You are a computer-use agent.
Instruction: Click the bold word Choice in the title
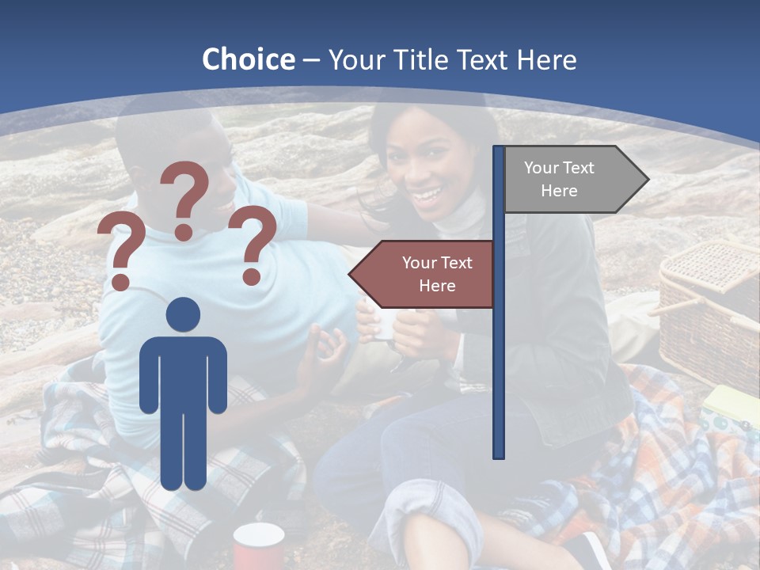(248, 59)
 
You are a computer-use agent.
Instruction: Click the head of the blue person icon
(183, 315)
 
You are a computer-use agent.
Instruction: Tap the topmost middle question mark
(185, 198)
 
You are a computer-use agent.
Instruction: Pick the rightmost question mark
(253, 243)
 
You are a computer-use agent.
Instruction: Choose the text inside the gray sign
(559, 179)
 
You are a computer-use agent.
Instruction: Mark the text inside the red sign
(436, 274)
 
